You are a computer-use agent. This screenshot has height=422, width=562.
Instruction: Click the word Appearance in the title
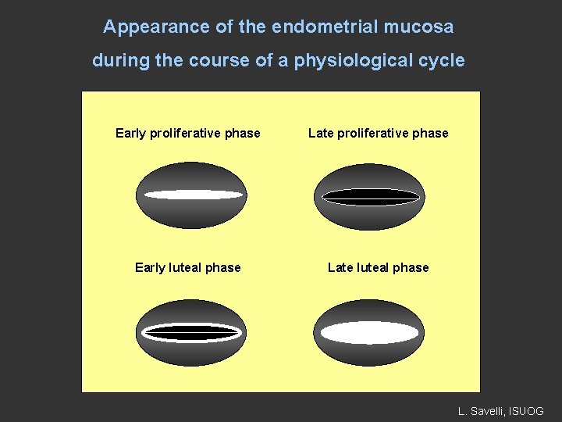(145, 27)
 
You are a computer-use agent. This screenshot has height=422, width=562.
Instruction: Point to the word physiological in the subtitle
(354, 61)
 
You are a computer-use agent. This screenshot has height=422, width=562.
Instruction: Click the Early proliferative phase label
(187, 133)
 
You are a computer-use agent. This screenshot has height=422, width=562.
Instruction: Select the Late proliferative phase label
(378, 133)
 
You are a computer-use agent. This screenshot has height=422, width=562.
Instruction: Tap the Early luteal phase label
(187, 268)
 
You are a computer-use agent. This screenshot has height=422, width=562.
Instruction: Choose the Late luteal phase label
(378, 268)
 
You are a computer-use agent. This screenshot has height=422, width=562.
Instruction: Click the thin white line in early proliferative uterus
(191, 195)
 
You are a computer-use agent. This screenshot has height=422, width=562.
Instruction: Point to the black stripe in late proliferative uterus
(370, 196)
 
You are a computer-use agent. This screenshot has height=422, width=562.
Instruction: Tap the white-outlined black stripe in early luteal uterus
(191, 332)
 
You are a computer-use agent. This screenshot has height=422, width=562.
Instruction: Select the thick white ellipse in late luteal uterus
(370, 333)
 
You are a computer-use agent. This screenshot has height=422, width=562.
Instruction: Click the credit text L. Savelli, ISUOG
(500, 410)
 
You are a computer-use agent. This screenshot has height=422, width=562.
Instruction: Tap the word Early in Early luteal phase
(149, 268)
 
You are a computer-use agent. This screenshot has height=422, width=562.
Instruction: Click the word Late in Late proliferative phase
(320, 133)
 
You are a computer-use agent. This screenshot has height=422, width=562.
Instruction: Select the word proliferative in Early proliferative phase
(184, 133)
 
